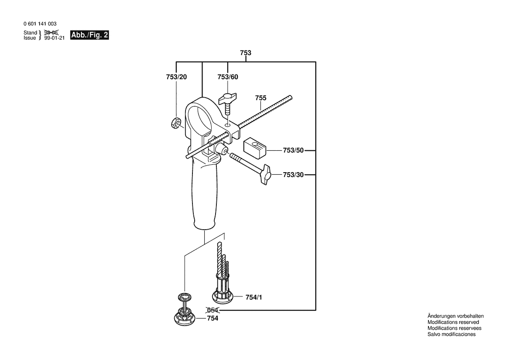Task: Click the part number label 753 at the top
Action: [246, 53]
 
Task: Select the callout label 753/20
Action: [176, 77]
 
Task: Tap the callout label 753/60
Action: [228, 77]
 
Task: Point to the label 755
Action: [260, 98]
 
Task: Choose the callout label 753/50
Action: [293, 150]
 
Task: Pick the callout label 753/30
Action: [293, 175]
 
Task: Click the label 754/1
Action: [253, 297]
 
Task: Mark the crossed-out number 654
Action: [212, 310]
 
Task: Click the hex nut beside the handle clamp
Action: [176, 123]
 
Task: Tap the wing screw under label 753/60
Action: [228, 102]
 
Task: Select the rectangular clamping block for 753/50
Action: [255, 148]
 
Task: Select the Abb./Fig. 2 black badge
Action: [90, 35]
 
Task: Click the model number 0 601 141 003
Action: [40, 24]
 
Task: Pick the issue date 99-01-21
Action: [54, 38]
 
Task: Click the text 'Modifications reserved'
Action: [453, 323]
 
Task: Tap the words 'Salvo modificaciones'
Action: [452, 334]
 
